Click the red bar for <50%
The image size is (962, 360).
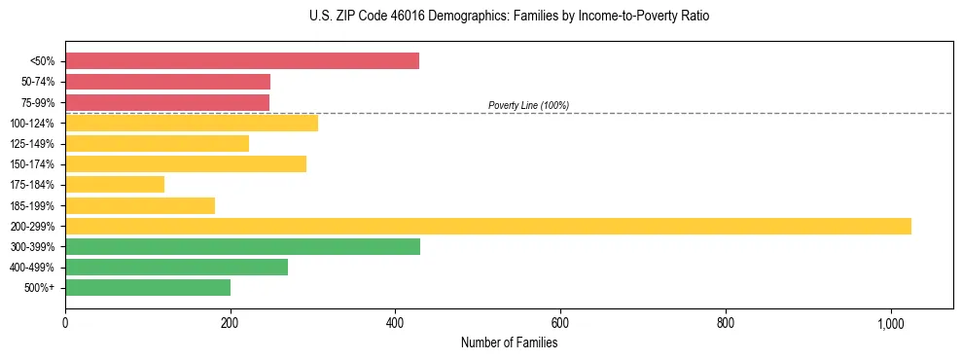(x=241, y=60)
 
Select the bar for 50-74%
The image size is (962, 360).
(x=167, y=82)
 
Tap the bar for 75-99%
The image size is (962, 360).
(x=166, y=102)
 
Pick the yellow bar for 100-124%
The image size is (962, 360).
(x=191, y=123)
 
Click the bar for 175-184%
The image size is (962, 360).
(x=114, y=185)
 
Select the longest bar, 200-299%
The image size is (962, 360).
(x=487, y=226)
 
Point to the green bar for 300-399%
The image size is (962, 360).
(x=242, y=246)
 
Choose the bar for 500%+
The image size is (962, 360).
(x=147, y=287)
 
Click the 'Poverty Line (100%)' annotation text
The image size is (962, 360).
(x=528, y=105)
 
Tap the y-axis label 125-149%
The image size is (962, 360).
(x=32, y=144)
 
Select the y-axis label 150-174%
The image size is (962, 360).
(x=32, y=164)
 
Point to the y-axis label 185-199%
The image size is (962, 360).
(x=32, y=205)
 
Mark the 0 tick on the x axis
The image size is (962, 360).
(x=65, y=322)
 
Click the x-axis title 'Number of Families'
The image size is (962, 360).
(x=509, y=342)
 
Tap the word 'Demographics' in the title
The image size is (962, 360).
(x=460, y=17)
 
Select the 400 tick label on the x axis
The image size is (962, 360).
(x=395, y=322)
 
